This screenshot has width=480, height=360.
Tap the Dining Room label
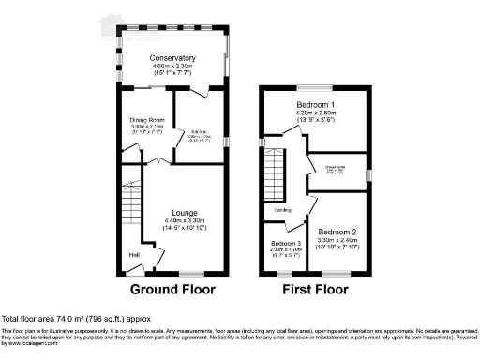point(147,121)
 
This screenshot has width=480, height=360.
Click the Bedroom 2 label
point(337,231)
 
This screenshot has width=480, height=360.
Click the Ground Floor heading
point(172,290)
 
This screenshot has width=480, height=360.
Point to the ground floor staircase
point(132,202)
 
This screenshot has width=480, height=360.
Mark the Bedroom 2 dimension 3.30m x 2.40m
point(337,239)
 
